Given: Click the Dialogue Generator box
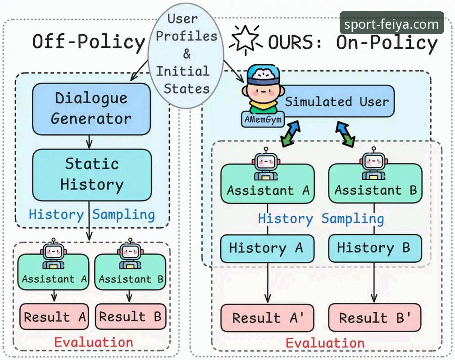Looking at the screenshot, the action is (91, 109).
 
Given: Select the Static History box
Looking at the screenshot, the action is (92, 175).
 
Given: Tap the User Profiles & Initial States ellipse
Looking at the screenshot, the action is (186, 55).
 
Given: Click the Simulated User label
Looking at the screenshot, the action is (337, 102).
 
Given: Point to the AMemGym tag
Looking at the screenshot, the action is (263, 119).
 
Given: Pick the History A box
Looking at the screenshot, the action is (267, 249).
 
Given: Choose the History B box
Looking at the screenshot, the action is (375, 248).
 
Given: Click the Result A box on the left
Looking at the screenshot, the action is (54, 317).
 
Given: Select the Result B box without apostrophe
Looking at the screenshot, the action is (130, 316).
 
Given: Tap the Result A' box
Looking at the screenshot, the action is (267, 318).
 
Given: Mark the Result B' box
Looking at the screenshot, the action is (375, 318).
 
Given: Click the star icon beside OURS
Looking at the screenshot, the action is (246, 40).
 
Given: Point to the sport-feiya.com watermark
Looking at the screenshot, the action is (391, 24).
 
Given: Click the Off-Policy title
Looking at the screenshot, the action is (88, 41).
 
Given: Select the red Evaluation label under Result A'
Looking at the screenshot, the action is (325, 343).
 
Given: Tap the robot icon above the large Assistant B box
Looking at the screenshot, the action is (374, 164).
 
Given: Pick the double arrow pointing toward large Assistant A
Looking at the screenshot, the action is (291, 134).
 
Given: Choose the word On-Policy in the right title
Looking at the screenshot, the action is (387, 42).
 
